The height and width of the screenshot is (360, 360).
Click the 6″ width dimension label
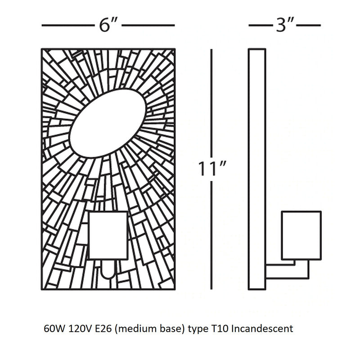[x=108, y=26]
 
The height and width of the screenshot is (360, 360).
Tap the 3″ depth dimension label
[x=284, y=26]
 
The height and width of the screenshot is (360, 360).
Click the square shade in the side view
[x=301, y=235]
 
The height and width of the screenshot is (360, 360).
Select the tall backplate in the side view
[x=257, y=169]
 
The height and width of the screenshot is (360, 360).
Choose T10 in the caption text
[x=220, y=329]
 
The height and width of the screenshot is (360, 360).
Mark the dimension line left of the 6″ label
[x=67, y=26]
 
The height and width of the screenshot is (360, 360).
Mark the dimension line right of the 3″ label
[x=310, y=26]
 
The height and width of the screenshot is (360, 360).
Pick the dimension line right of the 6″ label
[x=148, y=26]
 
